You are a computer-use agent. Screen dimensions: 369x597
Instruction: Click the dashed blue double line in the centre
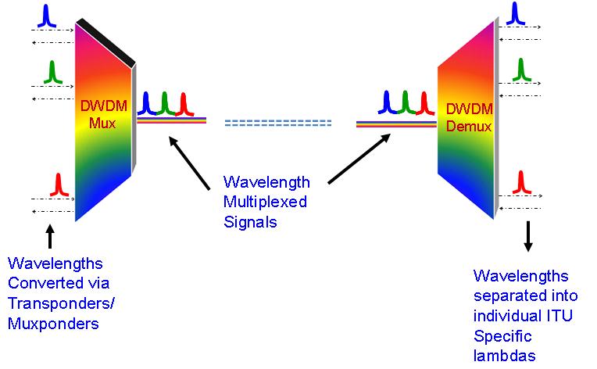[x=277, y=123]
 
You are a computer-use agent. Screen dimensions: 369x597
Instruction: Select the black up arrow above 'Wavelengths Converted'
[x=51, y=237]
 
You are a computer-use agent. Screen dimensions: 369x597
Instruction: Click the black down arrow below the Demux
[x=527, y=237]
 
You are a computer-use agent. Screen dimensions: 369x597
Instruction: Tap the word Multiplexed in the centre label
[x=265, y=202]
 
